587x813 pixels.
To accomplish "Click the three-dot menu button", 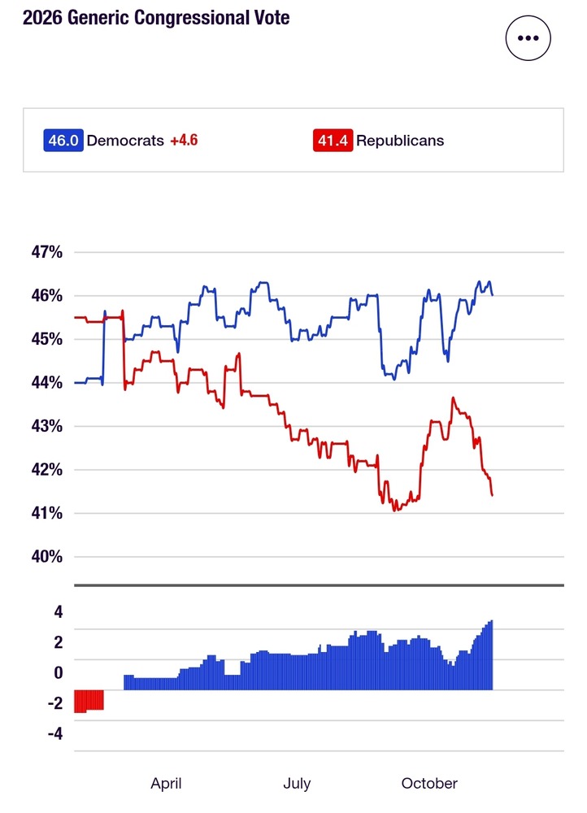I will [528, 38].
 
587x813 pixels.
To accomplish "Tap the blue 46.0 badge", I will [63, 140].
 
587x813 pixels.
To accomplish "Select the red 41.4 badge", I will [333, 140].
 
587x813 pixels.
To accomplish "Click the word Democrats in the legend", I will [124, 140].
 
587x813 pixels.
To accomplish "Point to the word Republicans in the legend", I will [400, 140].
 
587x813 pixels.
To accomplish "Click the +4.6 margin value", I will [184, 140].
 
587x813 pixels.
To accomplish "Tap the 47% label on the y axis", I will [46, 252].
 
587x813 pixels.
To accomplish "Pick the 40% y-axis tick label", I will [46, 557].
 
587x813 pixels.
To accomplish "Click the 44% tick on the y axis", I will [46, 382].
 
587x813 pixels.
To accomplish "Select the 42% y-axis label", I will [46, 470].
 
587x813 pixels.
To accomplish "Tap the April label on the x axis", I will [166, 784].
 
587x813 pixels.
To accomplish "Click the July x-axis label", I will [297, 784].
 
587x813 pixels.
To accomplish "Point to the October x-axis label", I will [429, 784].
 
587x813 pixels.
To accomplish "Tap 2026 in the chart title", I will [40, 17].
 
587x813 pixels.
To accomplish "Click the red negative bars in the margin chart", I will [89, 700].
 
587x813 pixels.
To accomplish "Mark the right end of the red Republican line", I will [493, 494].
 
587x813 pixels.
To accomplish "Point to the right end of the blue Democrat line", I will [493, 294].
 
